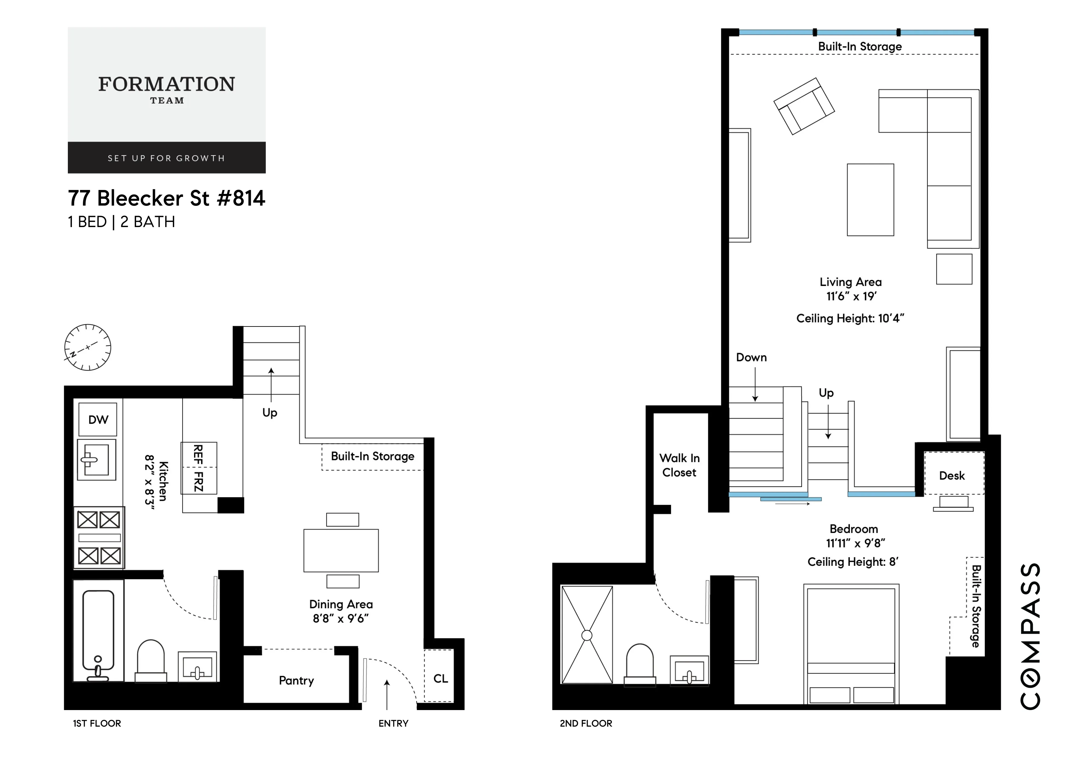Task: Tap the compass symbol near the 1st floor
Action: (88, 347)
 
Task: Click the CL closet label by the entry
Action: (441, 678)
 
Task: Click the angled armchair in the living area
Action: (803, 106)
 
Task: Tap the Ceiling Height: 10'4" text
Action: (850, 319)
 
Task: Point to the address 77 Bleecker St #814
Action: (166, 198)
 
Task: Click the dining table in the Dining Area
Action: (341, 550)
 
